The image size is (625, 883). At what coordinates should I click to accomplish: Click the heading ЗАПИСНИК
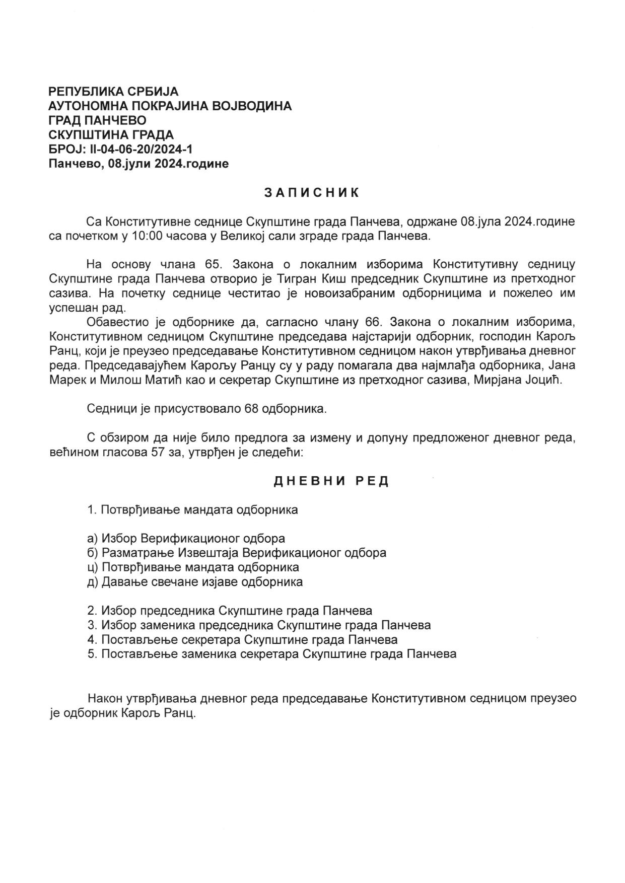[312, 193]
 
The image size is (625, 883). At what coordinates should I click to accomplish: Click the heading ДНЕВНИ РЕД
[331, 481]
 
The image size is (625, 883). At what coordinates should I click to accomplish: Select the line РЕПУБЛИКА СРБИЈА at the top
[113, 92]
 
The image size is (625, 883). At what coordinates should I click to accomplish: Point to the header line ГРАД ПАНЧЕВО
[97, 120]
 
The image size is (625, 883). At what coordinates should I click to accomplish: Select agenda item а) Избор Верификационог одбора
[186, 538]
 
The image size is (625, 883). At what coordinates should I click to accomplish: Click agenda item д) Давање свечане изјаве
[195, 582]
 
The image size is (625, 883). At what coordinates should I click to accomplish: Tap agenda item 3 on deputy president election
[259, 625]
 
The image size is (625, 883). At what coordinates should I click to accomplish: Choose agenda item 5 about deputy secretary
[271, 654]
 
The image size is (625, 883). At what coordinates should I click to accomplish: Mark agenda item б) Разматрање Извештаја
[237, 553]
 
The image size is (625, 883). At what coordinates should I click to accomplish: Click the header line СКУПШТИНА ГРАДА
[111, 134]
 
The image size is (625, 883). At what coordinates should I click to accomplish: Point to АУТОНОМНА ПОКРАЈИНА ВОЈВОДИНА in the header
[170, 106]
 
